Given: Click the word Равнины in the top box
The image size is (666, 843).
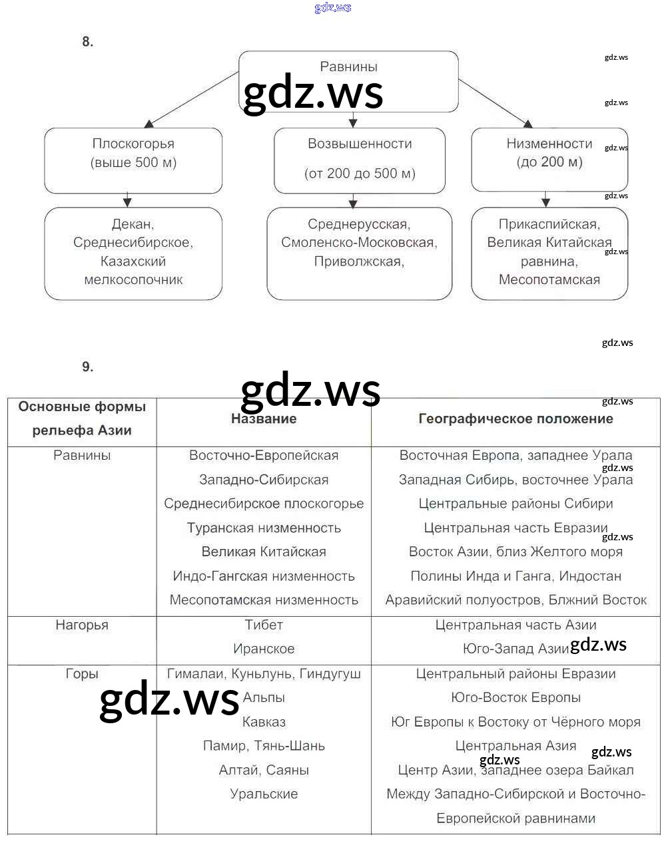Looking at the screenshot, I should [348, 67].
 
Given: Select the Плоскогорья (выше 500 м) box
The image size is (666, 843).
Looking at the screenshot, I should [133, 160].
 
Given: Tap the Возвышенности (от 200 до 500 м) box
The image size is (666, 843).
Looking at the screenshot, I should [360, 160].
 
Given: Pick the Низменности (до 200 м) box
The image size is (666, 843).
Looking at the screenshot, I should [549, 160].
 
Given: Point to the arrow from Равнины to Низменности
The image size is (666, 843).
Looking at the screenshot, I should [496, 102].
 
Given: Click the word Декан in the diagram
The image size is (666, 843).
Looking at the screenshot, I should [133, 224].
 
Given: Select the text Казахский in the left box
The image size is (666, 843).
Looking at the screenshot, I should [133, 261].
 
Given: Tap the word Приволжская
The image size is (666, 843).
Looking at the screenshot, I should [358, 261].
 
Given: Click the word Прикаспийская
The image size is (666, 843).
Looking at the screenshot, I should [549, 224].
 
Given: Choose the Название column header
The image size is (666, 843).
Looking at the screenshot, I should [264, 419].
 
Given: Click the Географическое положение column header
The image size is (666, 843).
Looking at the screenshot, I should [515, 419].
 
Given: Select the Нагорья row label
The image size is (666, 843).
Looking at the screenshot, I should [82, 625].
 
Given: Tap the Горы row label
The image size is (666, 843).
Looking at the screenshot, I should [82, 674].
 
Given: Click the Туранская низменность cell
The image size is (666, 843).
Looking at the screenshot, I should [264, 528].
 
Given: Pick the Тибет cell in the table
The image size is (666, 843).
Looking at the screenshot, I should [264, 625].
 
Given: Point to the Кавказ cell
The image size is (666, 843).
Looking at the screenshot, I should [264, 722].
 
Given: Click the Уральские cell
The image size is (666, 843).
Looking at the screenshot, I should [264, 794].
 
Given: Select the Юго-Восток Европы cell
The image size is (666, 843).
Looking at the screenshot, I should [515, 698].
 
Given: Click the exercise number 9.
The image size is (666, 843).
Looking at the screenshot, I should [87, 367].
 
